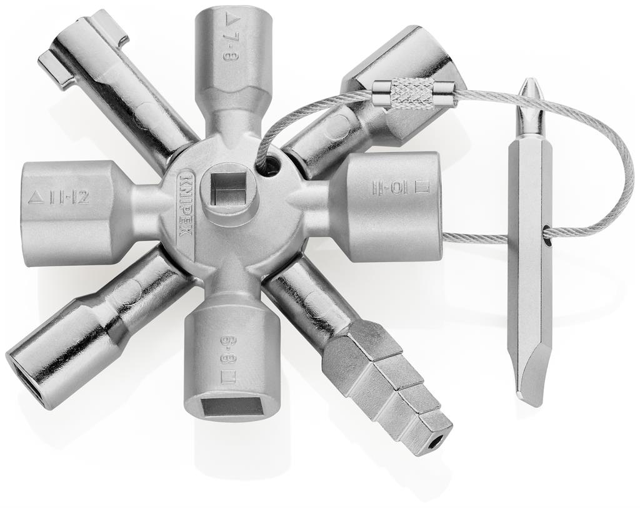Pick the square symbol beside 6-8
tap(229, 377)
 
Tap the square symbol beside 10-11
tap(424, 186)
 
